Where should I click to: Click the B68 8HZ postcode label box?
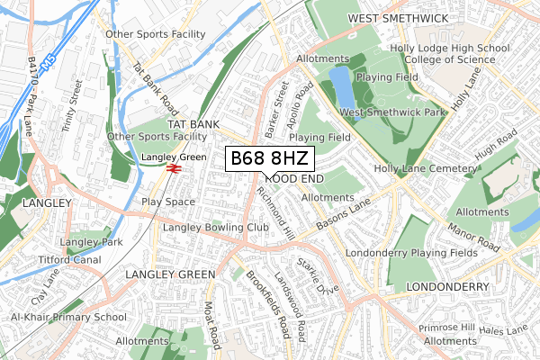(270, 158)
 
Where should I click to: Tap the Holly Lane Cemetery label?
(424, 168)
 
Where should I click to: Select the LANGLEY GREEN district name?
(170, 274)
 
